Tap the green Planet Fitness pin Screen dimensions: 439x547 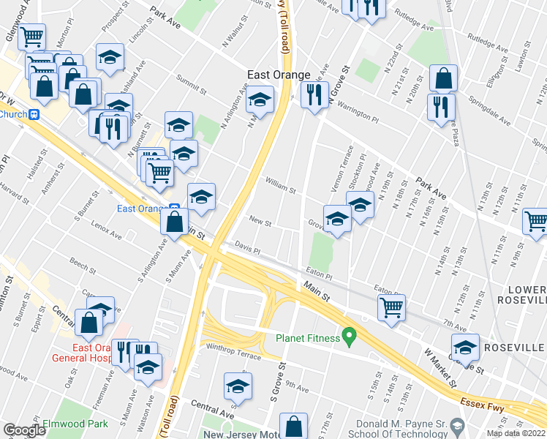click(350, 337)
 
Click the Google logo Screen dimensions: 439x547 click(23, 431)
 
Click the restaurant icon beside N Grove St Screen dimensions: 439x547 click(314, 95)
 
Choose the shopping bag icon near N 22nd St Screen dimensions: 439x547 click(443, 78)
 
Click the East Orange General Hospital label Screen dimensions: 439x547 click(81, 353)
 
